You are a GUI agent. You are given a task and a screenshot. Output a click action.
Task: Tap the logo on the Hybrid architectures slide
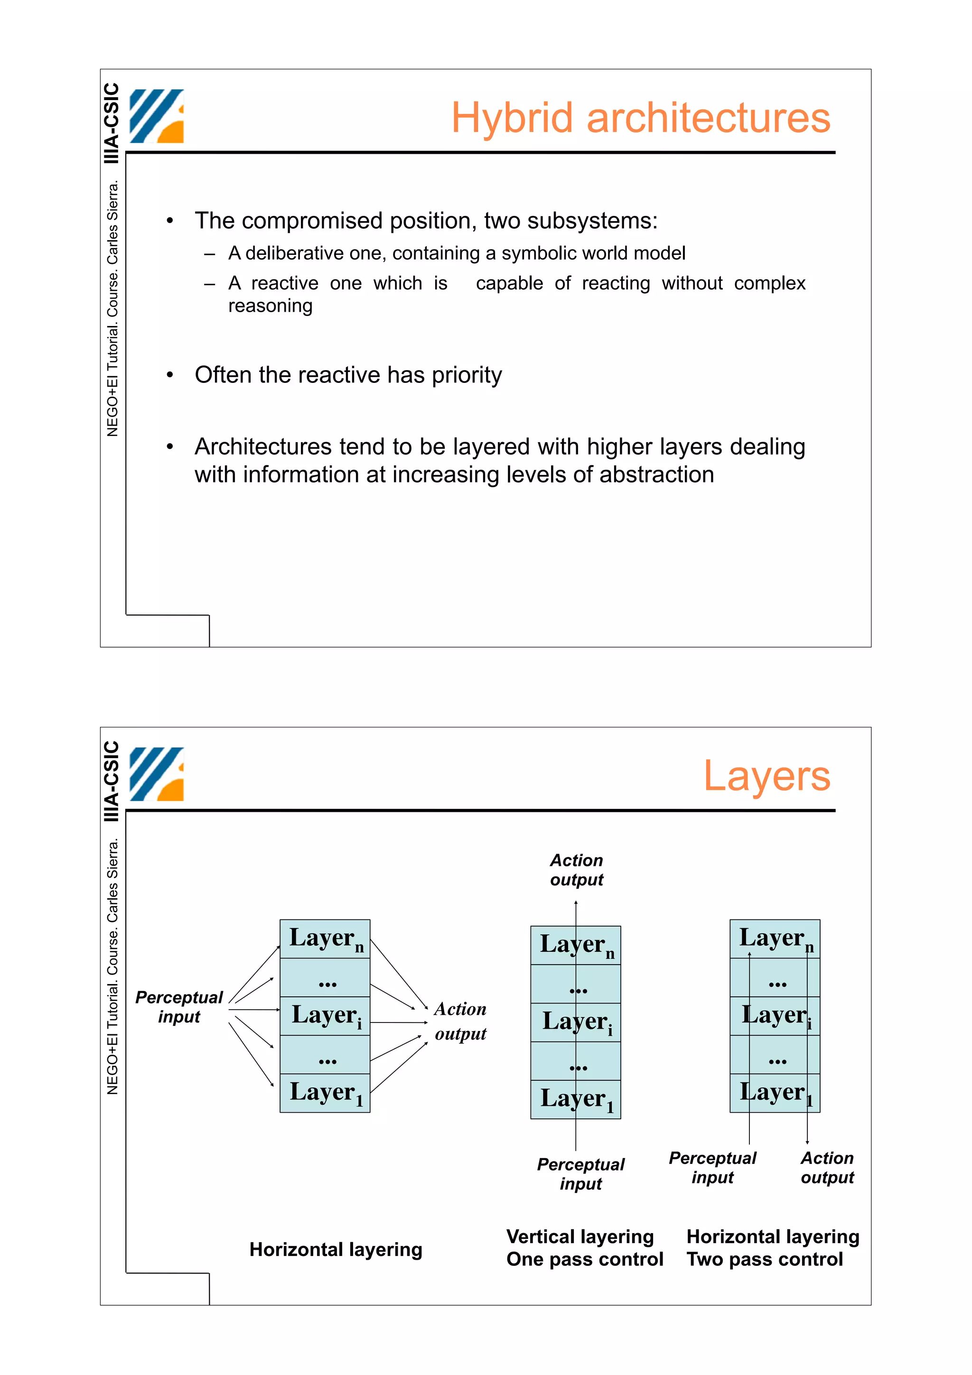(x=156, y=116)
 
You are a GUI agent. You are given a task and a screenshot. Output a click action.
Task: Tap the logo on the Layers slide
(x=156, y=774)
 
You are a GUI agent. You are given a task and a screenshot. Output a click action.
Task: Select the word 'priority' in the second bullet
(x=467, y=375)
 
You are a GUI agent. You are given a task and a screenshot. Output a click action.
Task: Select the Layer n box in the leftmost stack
(x=325, y=939)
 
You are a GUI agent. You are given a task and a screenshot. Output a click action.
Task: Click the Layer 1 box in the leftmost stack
(x=325, y=1092)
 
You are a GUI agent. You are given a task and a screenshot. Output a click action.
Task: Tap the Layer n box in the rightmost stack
(x=775, y=939)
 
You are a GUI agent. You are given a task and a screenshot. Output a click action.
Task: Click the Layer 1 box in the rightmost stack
(x=775, y=1092)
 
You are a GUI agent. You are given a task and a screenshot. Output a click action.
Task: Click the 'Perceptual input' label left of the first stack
(x=178, y=1007)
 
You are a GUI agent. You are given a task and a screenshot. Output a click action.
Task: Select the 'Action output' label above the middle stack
(x=576, y=870)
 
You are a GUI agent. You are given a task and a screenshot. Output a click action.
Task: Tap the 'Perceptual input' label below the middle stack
(x=580, y=1174)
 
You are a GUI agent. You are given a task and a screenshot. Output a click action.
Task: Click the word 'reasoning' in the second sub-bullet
(x=270, y=306)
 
